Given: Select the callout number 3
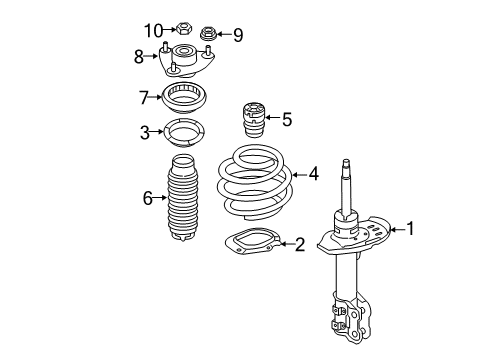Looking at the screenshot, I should (146, 132).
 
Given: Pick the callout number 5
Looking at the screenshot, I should (286, 120).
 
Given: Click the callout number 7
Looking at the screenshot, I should (145, 97).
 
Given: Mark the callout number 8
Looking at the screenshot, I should (139, 57).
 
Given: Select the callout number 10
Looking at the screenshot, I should (152, 29).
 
